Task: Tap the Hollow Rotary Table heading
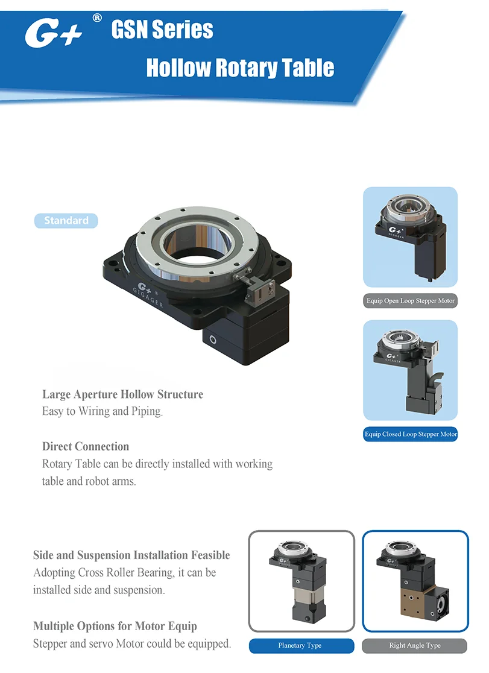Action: (x=240, y=68)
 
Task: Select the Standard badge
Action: (x=66, y=221)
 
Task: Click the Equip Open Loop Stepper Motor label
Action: (x=411, y=300)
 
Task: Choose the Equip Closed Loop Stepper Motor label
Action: (x=411, y=434)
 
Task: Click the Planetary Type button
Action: (x=300, y=646)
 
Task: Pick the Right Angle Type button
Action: (x=415, y=646)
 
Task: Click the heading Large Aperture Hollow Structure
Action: (x=122, y=394)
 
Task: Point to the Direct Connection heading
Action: (x=86, y=447)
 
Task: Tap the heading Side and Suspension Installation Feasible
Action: (x=131, y=555)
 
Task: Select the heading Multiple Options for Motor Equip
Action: (x=115, y=626)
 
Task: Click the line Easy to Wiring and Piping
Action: (x=103, y=412)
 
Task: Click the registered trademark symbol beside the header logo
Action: (x=96, y=18)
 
